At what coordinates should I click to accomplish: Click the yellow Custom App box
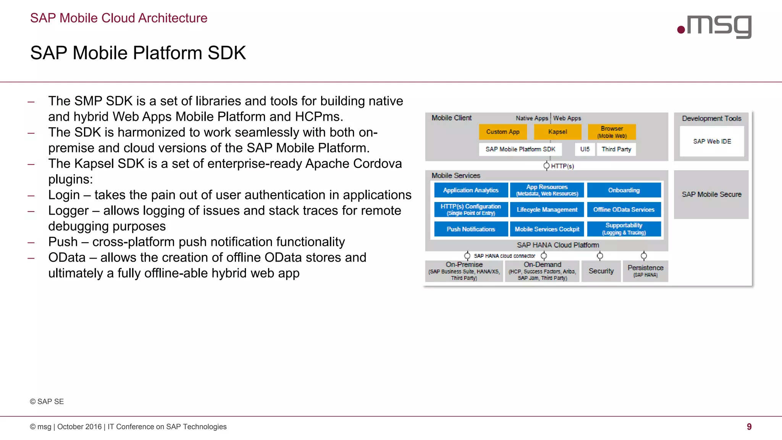click(502, 132)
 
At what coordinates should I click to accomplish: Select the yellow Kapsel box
click(557, 132)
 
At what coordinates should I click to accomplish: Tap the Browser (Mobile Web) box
click(612, 132)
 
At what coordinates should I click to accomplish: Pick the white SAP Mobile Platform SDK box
click(520, 149)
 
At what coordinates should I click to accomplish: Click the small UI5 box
click(585, 149)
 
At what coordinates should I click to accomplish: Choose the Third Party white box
click(616, 149)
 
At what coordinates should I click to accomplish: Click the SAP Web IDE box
click(712, 141)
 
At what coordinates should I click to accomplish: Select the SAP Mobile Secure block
click(711, 194)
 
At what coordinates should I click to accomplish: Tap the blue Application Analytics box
click(471, 190)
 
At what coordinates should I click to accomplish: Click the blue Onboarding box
click(624, 190)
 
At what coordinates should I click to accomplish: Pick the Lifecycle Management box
click(547, 210)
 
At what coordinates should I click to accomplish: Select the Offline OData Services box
click(624, 210)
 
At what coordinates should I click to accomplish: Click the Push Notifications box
click(471, 229)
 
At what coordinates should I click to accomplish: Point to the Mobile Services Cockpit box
click(547, 229)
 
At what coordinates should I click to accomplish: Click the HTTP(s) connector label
click(562, 166)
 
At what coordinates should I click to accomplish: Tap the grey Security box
click(601, 271)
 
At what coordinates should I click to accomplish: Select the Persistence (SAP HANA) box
click(645, 271)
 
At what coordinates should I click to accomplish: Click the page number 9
click(749, 427)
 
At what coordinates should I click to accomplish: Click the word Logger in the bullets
click(68, 210)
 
